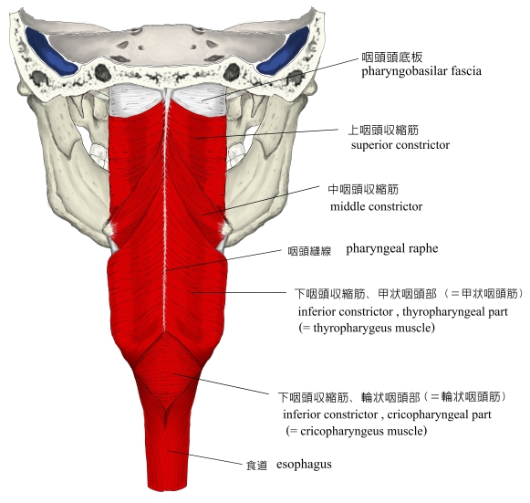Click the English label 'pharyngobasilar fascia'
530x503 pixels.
pyautogui.click(x=421, y=71)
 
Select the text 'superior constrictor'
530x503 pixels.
pyautogui.click(x=400, y=145)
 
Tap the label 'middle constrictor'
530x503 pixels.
pyautogui.click(x=376, y=206)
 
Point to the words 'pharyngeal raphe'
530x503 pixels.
pyautogui.click(x=392, y=248)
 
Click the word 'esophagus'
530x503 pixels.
pyautogui.click(x=304, y=465)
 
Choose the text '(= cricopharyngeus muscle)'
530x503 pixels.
pyautogui.click(x=357, y=431)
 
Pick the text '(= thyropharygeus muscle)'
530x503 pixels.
pyautogui.click(x=367, y=328)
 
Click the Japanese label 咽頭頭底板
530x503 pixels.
pyautogui.click(x=392, y=58)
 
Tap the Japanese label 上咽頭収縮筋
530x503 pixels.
pyautogui.click(x=383, y=131)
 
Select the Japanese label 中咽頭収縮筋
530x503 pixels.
pyautogui.click(x=363, y=190)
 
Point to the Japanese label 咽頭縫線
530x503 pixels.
pyautogui.click(x=309, y=251)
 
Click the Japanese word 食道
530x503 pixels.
pyautogui.click(x=256, y=466)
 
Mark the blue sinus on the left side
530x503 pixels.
pyautogui.click(x=50, y=52)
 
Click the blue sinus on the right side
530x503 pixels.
pyautogui.click(x=284, y=51)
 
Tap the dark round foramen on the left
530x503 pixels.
pyautogui.click(x=102, y=72)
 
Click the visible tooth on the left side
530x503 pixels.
pyautogui.click(x=99, y=153)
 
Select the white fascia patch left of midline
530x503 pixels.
pyautogui.click(x=135, y=100)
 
